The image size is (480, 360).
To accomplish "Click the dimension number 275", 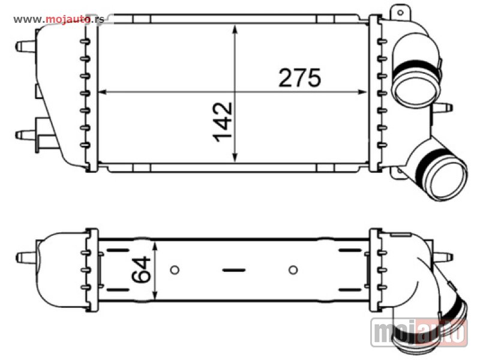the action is [299, 77].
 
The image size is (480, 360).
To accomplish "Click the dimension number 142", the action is [223, 122].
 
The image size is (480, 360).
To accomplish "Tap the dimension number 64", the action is [141, 269].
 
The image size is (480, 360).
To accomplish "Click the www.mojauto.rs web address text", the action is [59, 20].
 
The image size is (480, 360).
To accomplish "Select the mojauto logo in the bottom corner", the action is [419, 333].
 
